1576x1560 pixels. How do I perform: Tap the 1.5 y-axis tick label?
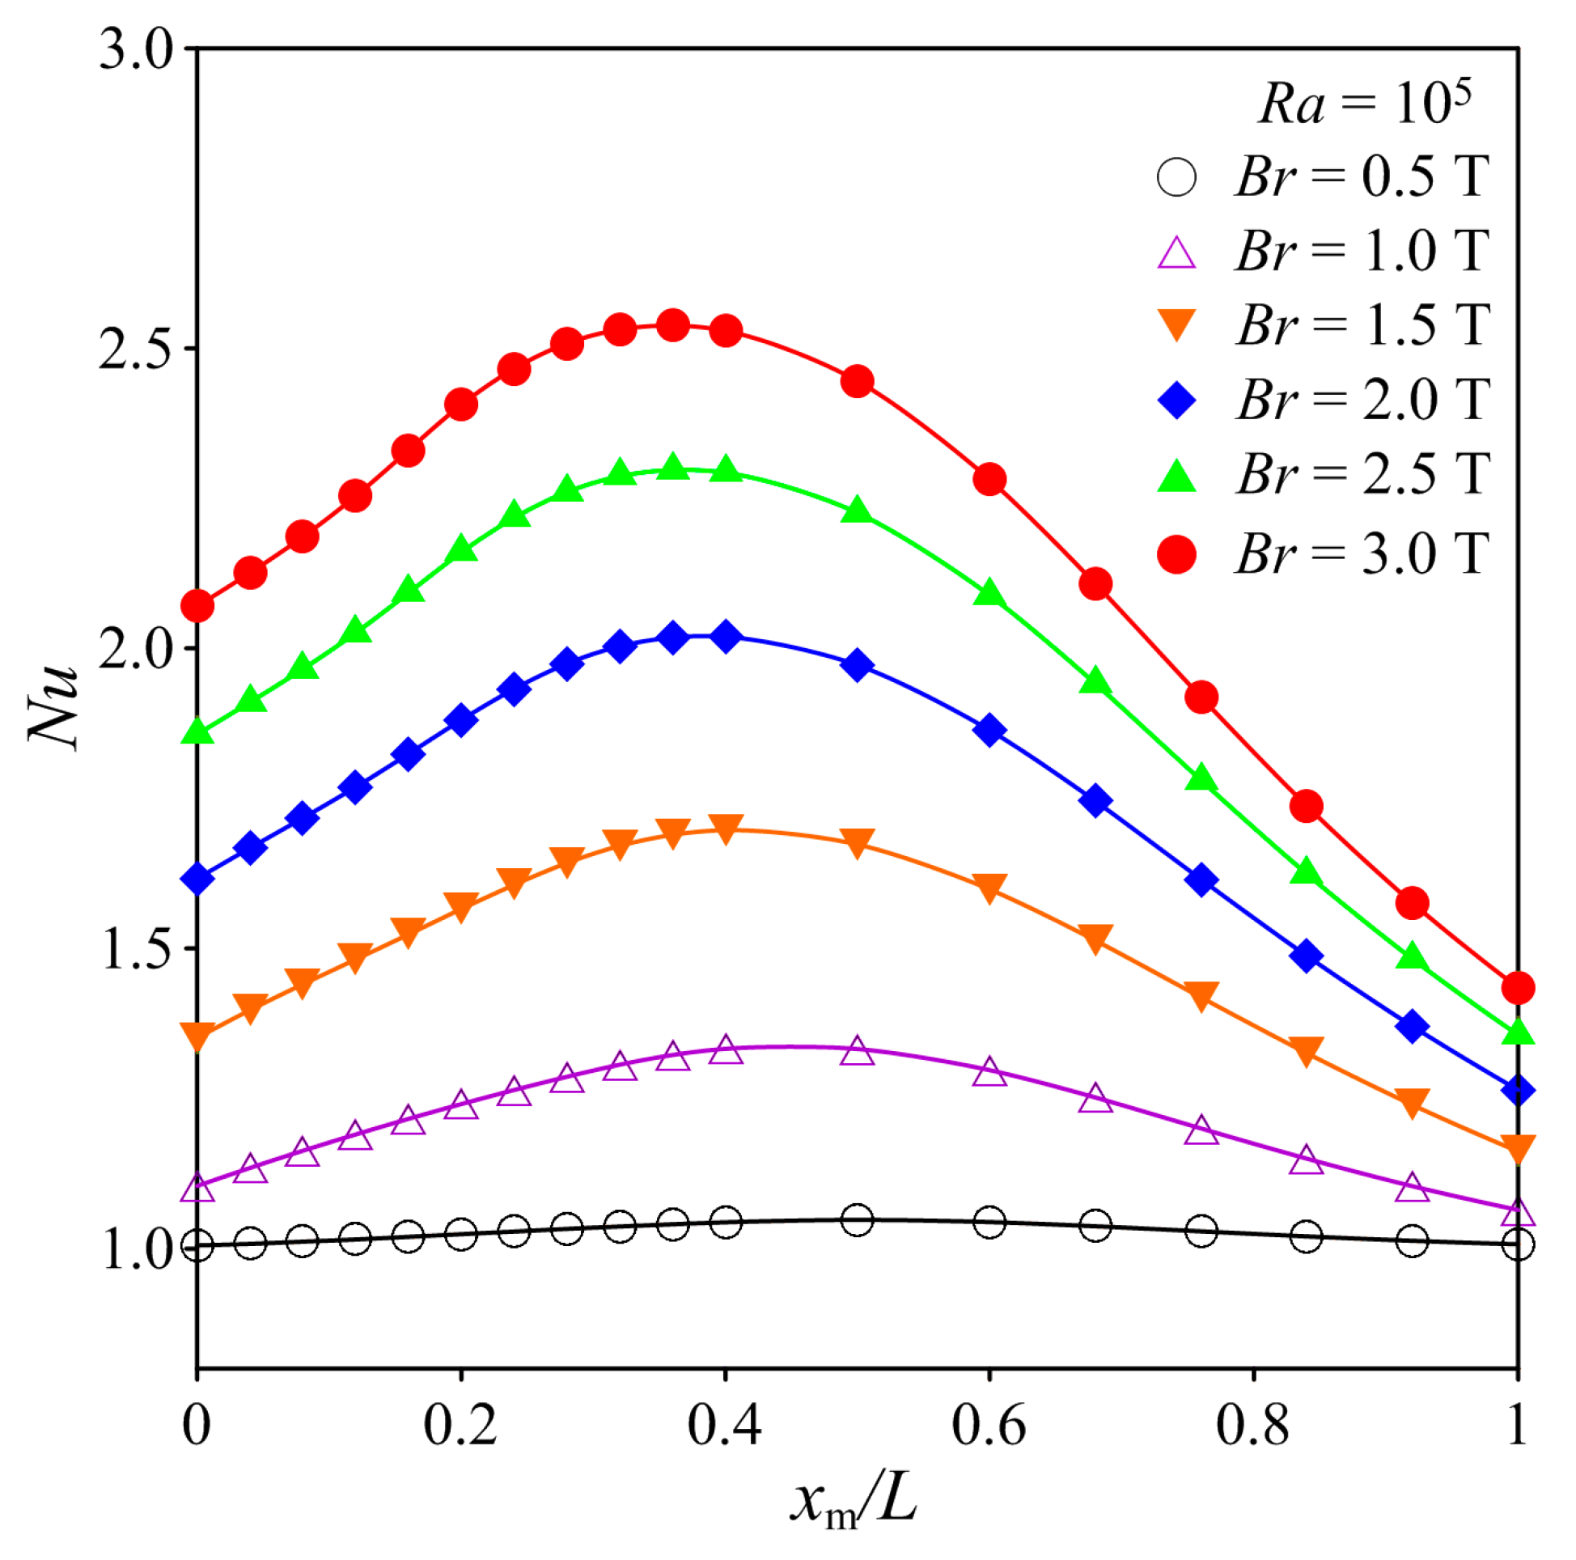(136, 949)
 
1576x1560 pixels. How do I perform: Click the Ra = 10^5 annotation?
(1364, 104)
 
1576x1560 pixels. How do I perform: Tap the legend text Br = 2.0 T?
(1362, 400)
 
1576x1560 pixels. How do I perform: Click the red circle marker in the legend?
(1176, 555)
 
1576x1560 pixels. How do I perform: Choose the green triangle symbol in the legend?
(1176, 477)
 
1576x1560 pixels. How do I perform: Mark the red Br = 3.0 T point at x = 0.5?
(857, 381)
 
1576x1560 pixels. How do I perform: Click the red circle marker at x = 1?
(1517, 988)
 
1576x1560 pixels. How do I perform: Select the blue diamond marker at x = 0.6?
(989, 730)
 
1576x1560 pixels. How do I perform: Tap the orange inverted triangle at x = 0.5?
(857, 843)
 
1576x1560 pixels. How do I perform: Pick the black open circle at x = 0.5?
(857, 1220)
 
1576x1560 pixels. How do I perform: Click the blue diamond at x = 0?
(197, 879)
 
